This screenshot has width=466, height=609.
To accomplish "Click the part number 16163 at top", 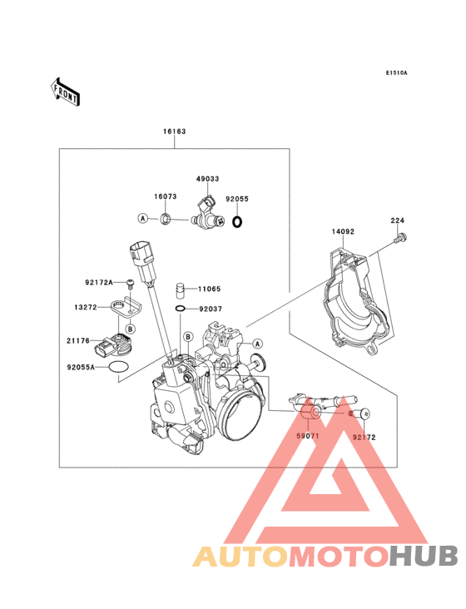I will click(175, 131).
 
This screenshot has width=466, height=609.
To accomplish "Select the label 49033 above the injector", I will click(208, 179).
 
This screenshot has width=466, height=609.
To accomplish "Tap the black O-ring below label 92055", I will click(237, 222).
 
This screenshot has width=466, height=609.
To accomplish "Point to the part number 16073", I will click(165, 197).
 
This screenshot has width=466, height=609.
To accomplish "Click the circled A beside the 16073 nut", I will click(143, 218).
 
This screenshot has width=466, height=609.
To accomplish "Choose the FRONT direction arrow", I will click(66, 92).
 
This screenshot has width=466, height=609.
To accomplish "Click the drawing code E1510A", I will click(396, 73).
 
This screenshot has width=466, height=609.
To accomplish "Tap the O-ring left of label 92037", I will click(181, 309).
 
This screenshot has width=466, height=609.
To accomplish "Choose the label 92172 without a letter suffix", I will click(363, 436).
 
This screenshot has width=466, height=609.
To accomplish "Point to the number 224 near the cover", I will click(399, 220).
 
